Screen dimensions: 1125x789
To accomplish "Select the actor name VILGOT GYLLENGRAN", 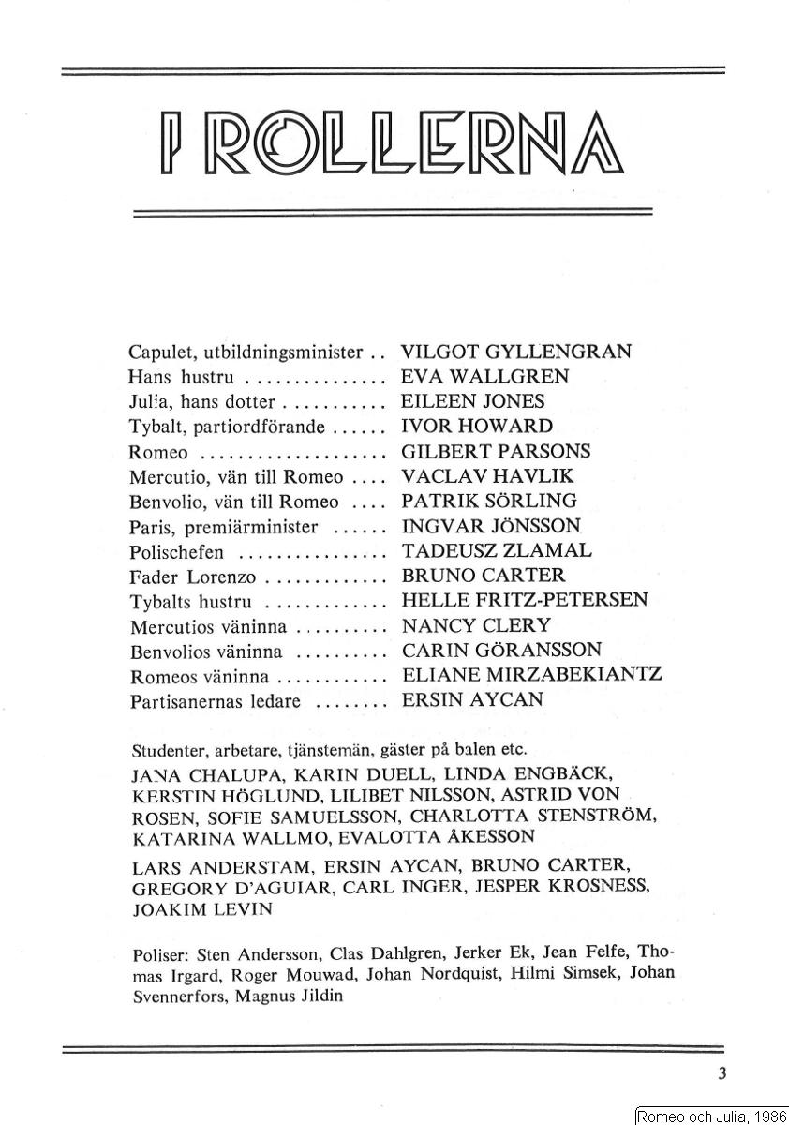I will click(x=515, y=352).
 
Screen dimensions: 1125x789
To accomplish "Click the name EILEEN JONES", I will click(x=472, y=401).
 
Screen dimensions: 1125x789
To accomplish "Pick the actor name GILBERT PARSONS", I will click(x=495, y=451).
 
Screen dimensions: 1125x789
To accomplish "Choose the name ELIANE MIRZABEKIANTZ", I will click(x=531, y=675).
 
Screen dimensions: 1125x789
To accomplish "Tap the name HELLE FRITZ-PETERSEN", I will click(x=524, y=600).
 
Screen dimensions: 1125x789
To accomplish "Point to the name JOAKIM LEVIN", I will click(x=202, y=908).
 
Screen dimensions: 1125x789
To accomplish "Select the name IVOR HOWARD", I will click(x=477, y=427).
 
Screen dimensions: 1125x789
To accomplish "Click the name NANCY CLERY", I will click(x=476, y=625).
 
